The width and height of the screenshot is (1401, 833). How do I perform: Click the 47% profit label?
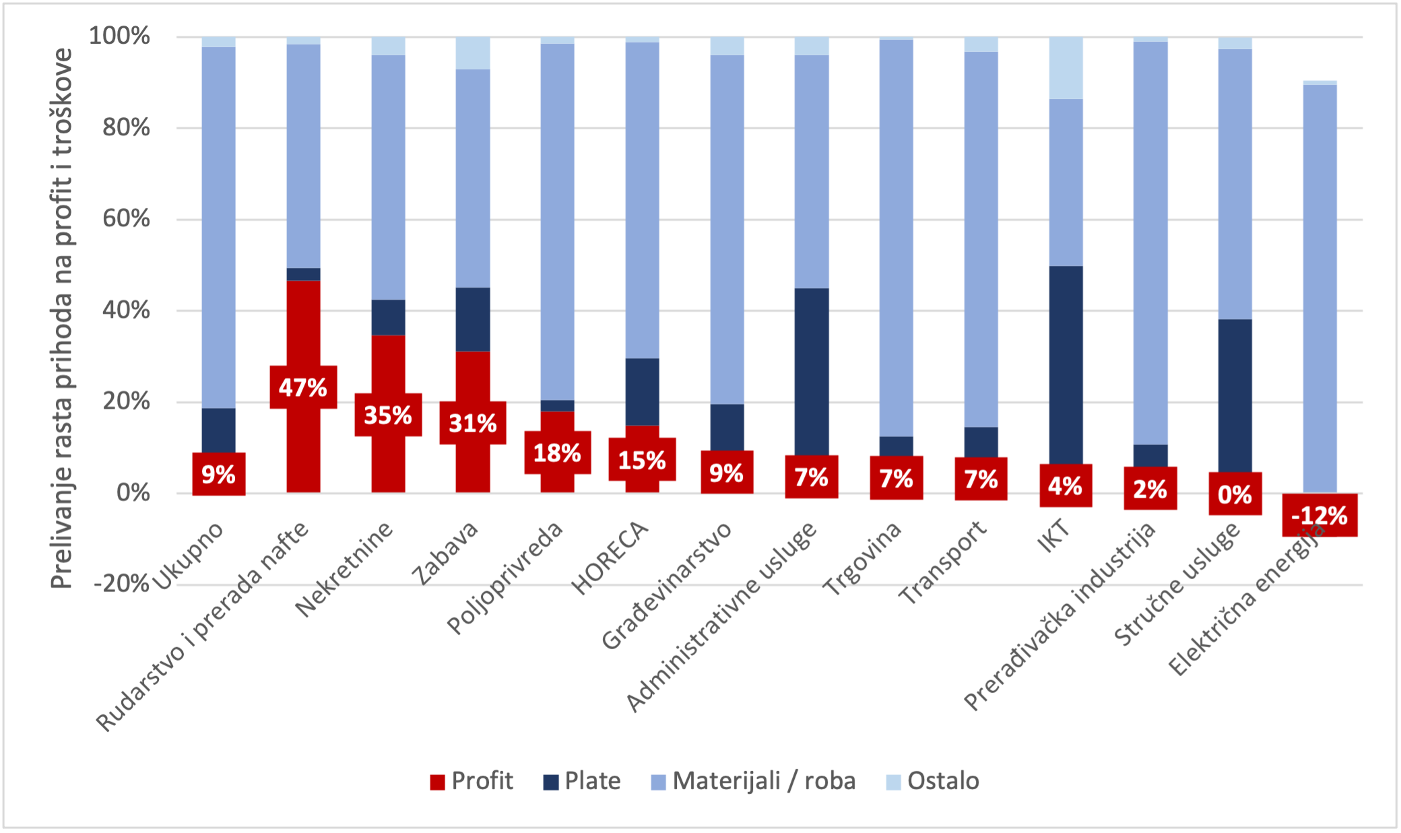click(303, 387)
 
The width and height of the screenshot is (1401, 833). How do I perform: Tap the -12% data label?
click(1319, 516)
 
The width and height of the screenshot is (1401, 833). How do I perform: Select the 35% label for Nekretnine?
click(388, 415)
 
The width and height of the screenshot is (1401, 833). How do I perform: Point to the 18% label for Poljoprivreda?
click(557, 453)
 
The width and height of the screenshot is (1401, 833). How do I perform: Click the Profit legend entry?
click(472, 781)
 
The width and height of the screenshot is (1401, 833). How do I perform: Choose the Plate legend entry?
click(583, 781)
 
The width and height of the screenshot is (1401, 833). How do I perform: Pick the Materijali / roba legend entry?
click(754, 781)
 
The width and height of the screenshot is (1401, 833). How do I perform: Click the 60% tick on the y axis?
click(126, 219)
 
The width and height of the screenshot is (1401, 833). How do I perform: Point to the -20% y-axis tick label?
click(122, 584)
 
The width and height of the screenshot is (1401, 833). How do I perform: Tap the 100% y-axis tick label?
click(120, 36)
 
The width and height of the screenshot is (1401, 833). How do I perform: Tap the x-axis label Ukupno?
click(189, 556)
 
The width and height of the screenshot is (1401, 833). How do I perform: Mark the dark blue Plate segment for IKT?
click(1066, 364)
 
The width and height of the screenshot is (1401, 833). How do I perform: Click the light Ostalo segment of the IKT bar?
click(1066, 67)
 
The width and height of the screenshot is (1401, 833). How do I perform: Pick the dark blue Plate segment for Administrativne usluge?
click(812, 370)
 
